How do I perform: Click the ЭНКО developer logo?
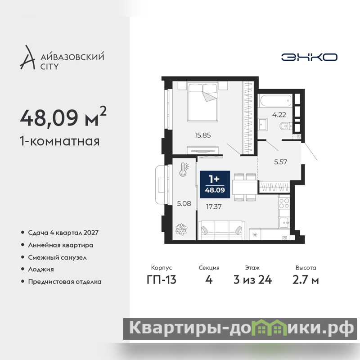(309, 57)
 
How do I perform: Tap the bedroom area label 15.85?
(202, 135)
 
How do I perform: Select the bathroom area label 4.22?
(279, 115)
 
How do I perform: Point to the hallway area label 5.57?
(280, 162)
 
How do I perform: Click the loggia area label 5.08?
(184, 203)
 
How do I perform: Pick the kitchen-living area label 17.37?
(214, 207)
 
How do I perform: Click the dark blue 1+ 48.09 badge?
(215, 184)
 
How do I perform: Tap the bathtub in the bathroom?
(276, 100)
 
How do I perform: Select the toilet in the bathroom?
(286, 126)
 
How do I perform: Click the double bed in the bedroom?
(202, 103)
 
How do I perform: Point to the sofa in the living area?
(221, 230)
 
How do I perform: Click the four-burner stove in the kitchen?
(284, 203)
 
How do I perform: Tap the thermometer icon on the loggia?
(184, 170)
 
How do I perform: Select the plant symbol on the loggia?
(181, 229)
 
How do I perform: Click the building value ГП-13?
(162, 280)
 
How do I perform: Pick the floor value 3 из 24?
(252, 280)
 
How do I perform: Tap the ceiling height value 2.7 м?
(306, 280)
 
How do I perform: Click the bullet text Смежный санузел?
(58, 257)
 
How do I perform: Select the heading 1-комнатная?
(60, 141)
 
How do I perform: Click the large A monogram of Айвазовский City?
(27, 58)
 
